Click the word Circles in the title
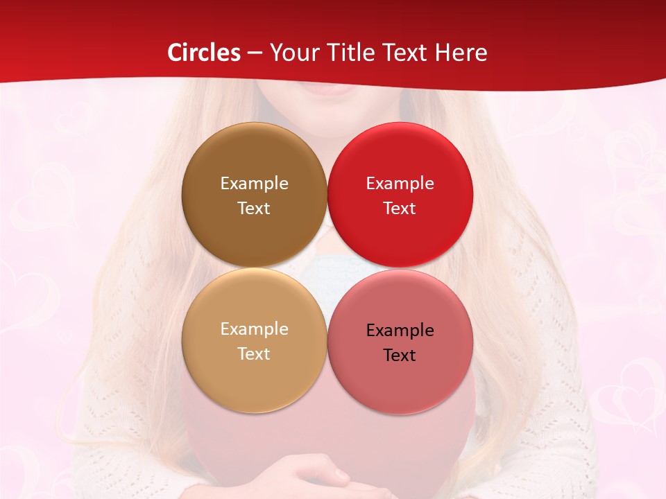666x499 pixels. click(203, 53)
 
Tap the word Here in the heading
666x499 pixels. click(461, 53)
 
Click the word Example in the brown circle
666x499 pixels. click(254, 183)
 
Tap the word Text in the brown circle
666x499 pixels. click(254, 208)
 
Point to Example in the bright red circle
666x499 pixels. click(400, 183)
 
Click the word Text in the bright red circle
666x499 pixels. click(400, 208)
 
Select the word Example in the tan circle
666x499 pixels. click(254, 329)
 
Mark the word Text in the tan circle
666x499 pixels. click(254, 353)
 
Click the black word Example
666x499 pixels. click(400, 330)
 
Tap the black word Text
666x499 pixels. click(400, 355)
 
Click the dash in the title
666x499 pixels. click(255, 53)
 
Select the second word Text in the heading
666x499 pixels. click(403, 53)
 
